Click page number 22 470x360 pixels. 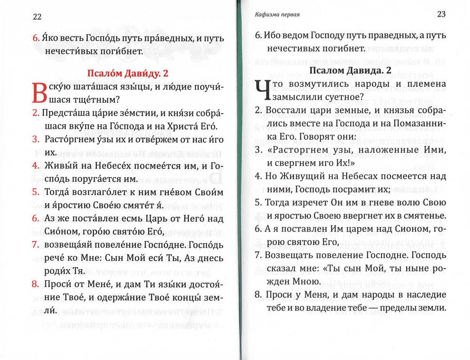point(37,17)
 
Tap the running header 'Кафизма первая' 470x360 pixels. point(276,15)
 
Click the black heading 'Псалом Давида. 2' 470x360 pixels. point(350,70)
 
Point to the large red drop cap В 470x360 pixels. point(39,93)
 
